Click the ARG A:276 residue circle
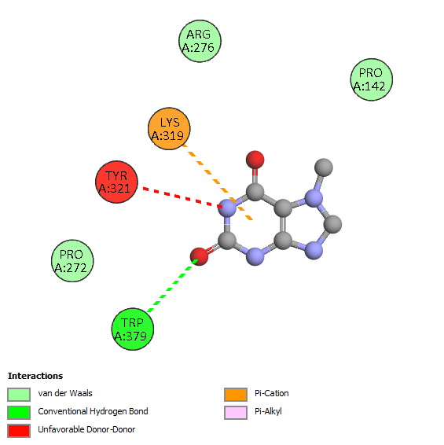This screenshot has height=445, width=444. coord(200,41)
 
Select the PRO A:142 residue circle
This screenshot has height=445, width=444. coord(372,79)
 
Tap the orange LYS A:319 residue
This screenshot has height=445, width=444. coord(169,129)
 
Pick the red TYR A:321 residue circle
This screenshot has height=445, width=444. coord(116,182)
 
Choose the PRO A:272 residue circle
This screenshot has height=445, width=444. coord(72,261)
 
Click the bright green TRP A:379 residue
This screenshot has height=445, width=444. coord(133,329)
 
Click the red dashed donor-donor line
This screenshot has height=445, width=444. coord(182,197)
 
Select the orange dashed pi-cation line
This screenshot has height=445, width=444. coord(218,182)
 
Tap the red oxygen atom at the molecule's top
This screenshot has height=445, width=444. coord(255,160)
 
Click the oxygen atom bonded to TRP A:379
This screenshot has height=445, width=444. coord(199,256)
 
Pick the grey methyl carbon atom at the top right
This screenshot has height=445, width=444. coord(324,167)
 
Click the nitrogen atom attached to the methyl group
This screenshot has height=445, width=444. coord(314,198)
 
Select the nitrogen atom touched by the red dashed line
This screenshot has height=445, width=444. coord(228,208)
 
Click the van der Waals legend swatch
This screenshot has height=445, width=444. coord(19,395)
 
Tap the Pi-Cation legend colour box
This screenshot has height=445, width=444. coord(236,395)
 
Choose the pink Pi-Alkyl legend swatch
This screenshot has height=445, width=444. coord(236,413)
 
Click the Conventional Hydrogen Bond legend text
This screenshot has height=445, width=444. coord(93,411)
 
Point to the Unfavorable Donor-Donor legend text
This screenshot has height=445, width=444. coord(86,429)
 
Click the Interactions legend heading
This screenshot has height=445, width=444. coord(35,376)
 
